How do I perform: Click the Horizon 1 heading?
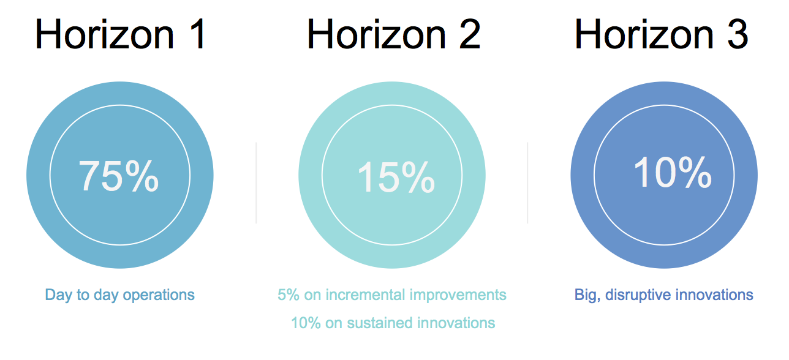click(x=120, y=34)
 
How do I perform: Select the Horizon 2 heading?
click(x=393, y=34)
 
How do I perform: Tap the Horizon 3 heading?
click(x=661, y=34)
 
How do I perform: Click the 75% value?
click(x=119, y=175)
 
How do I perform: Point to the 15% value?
click(x=396, y=177)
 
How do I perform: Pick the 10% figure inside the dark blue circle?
click(x=672, y=172)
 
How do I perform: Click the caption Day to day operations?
click(x=120, y=295)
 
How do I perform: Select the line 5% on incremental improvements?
click(x=391, y=295)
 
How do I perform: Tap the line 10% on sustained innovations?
click(x=393, y=323)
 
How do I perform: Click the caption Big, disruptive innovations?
click(x=663, y=295)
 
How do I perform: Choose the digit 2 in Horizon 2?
click(x=470, y=34)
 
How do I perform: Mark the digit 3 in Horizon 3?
click(x=738, y=34)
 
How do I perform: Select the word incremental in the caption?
click(x=365, y=295)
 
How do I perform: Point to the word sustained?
click(x=379, y=323)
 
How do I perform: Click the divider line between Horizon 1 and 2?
click(x=256, y=182)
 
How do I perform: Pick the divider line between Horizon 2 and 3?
click(x=527, y=182)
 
